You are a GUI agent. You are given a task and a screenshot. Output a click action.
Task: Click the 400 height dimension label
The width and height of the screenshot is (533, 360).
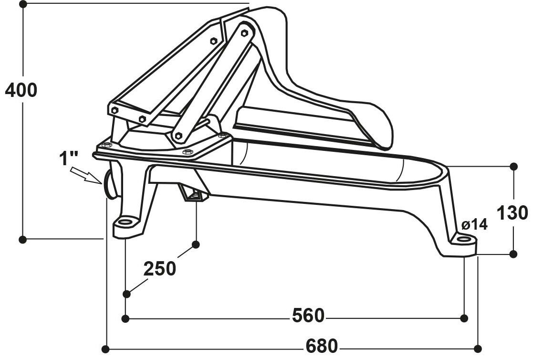point(21,90)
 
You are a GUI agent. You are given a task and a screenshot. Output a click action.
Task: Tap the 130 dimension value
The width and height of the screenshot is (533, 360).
point(512,213)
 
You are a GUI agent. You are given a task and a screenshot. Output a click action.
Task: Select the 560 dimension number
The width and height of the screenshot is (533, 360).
point(308,316)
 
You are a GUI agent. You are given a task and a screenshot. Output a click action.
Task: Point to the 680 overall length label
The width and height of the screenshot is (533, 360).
point(322,346)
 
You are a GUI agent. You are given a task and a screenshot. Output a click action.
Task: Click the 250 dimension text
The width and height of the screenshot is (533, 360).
point(160,268)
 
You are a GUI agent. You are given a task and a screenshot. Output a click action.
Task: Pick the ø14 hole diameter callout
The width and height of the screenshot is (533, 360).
point(474,224)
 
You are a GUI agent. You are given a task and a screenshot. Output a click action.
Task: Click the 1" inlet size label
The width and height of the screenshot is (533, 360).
point(69,159)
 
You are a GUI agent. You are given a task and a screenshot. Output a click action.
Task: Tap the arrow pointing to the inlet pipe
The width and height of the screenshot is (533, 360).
point(86,175)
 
